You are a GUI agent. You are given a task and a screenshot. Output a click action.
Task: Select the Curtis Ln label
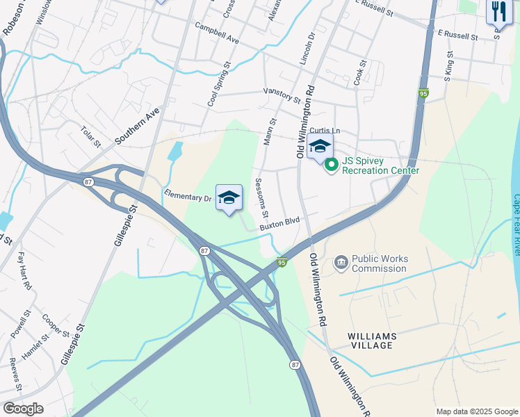(325, 130)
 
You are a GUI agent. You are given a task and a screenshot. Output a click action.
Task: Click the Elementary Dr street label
(187, 196)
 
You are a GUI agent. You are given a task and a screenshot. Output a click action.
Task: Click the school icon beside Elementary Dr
(229, 197)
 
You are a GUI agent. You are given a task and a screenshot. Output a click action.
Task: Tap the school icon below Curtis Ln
(320, 147)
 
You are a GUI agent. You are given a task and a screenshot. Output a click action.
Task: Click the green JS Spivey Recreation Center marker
(332, 165)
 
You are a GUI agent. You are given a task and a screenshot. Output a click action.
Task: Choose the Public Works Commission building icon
(341, 262)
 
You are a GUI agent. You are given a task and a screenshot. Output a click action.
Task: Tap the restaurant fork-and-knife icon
(498, 13)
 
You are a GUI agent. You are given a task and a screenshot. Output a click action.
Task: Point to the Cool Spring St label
(219, 84)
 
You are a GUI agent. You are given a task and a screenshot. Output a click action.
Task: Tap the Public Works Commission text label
(380, 263)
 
